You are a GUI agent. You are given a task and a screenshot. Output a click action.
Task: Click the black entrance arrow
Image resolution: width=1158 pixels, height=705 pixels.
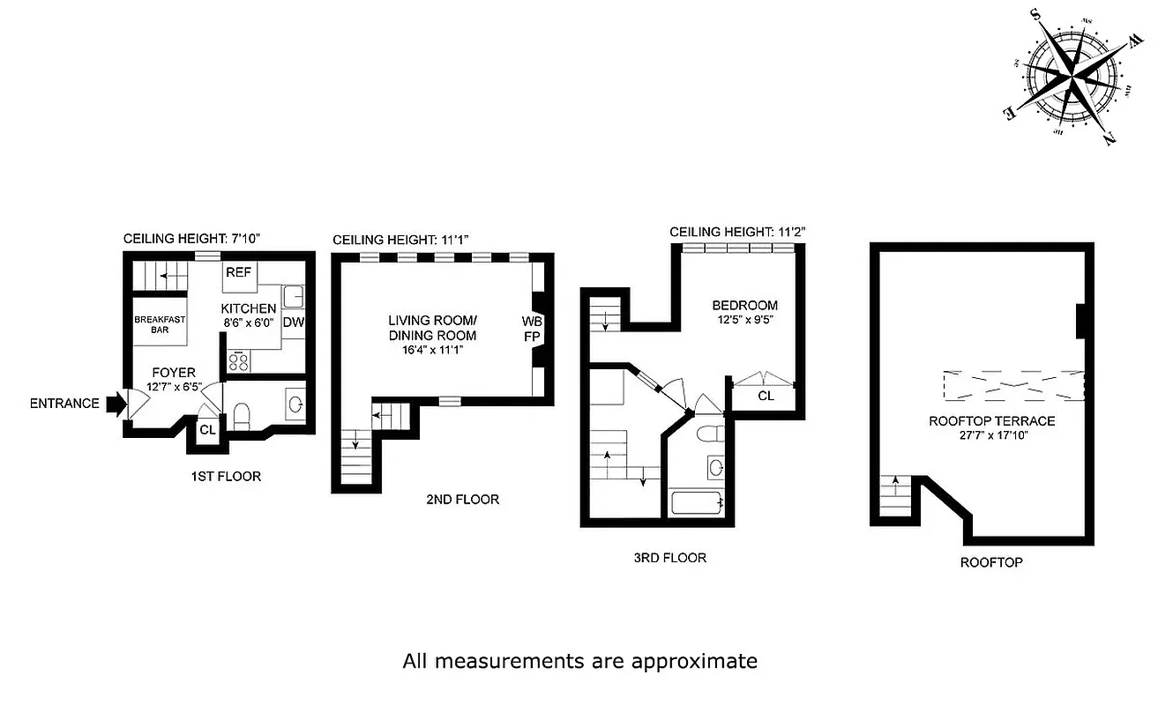116,404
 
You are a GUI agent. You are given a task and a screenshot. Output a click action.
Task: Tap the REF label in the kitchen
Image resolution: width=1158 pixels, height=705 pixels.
238,272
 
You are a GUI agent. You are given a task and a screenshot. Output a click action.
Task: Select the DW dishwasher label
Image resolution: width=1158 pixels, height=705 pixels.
294,323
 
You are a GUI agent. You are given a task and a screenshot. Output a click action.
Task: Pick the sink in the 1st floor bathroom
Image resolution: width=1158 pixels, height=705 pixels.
295,404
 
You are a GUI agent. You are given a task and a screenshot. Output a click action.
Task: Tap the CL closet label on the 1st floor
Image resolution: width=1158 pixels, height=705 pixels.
207,430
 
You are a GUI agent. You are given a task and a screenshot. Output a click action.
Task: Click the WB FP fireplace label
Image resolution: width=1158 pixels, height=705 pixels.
532,327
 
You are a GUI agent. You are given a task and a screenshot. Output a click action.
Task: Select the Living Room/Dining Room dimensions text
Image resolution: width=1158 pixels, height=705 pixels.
432,350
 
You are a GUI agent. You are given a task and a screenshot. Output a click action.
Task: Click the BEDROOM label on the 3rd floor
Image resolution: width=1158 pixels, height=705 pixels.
745,306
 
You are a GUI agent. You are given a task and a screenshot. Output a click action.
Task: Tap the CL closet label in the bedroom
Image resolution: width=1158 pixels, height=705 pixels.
766,396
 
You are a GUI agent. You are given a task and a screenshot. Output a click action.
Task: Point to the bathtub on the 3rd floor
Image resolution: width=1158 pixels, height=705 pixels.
698,503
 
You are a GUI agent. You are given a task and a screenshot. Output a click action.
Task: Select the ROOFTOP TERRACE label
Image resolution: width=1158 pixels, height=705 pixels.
991,420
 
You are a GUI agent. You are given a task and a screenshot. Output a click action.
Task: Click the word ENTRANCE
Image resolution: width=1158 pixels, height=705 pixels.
64,404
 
